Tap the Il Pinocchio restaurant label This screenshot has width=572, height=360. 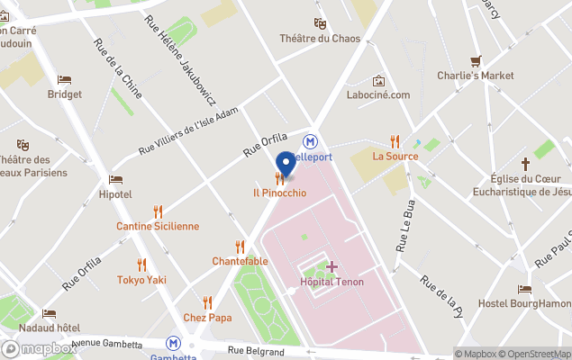[279, 193]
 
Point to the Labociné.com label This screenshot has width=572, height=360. [378, 94]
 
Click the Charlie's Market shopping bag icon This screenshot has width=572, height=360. [476, 59]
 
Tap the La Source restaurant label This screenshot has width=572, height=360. [395, 156]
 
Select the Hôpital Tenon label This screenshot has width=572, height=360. [331, 283]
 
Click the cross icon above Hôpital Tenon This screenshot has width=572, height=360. [331, 266]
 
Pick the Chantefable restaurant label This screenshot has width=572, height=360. [240, 261]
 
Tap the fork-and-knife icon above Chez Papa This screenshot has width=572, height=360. [207, 302]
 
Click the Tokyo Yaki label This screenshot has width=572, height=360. [141, 280]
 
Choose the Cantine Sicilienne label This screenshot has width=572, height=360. [158, 226]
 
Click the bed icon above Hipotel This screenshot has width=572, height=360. [115, 180]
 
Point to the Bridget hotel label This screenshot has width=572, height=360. [65, 94]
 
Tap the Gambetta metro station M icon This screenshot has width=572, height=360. [173, 343]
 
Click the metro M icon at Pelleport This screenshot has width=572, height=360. [311, 141]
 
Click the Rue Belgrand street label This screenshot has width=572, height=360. [256, 351]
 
